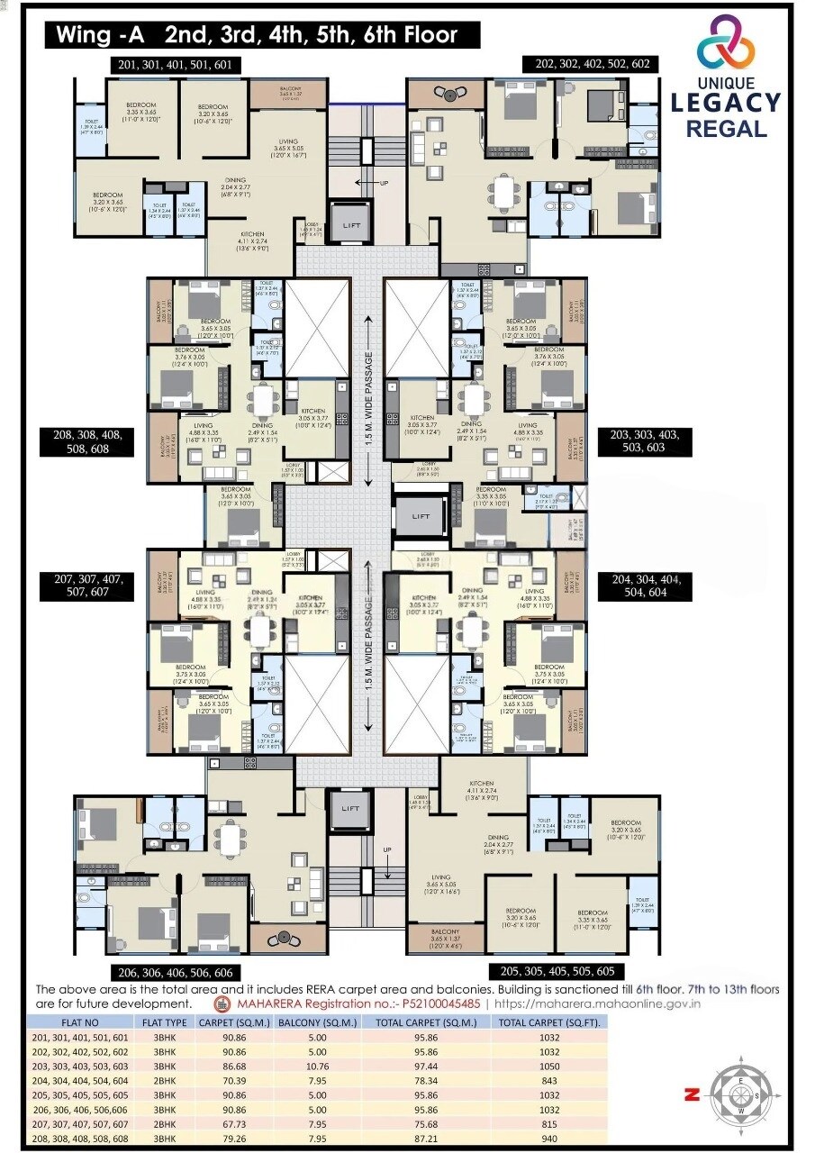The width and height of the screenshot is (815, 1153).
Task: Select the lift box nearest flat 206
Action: pos(350,808)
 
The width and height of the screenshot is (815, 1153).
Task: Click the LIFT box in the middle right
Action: pos(421,516)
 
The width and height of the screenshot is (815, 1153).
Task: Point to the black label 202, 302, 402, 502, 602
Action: pos(592,64)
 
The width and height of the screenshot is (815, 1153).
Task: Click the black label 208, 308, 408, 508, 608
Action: pos(87,441)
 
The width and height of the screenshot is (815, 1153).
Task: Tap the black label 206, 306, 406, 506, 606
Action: pos(176,973)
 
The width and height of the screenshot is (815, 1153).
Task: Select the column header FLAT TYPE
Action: pos(165,1022)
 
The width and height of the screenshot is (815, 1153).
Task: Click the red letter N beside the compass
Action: pos(693,1094)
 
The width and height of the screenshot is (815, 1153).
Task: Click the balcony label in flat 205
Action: pos(445,935)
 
